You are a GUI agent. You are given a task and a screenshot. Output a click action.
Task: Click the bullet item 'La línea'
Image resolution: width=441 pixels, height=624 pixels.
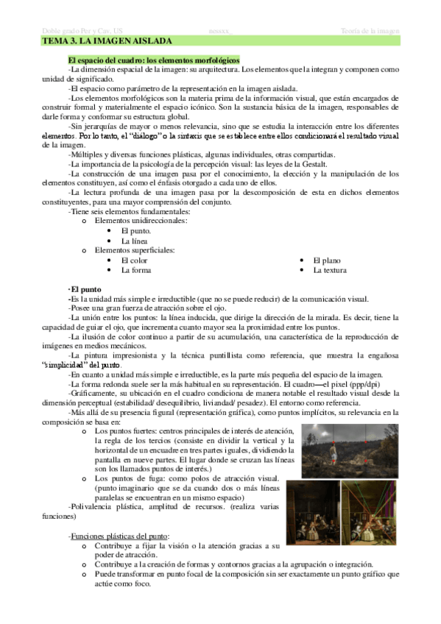tap(135, 241)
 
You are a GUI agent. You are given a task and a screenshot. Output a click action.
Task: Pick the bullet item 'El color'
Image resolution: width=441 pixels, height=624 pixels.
tap(134, 260)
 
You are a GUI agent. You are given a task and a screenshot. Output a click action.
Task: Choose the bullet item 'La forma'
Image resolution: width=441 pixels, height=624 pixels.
tap(135, 270)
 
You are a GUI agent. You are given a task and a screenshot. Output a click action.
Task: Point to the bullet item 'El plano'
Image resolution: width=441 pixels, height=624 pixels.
tap(326, 260)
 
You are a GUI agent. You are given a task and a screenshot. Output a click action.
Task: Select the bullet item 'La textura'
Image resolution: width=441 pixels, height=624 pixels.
tap(330, 270)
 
